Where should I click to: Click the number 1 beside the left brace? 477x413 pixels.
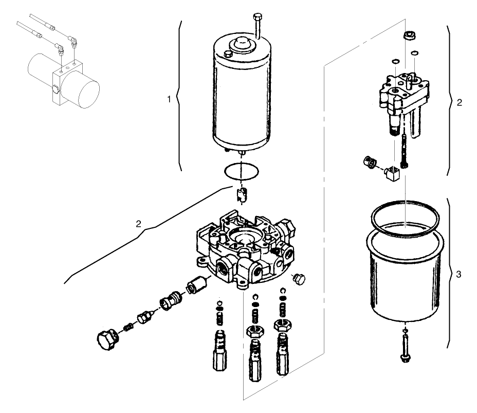(x=169, y=99)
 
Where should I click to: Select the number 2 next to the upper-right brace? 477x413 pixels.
(x=459, y=102)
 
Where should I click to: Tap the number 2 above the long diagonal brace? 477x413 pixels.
(x=138, y=224)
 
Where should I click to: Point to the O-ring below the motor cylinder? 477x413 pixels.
(x=241, y=171)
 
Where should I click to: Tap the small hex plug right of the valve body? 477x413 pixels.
(x=298, y=279)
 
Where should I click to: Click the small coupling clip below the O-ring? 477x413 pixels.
(x=241, y=195)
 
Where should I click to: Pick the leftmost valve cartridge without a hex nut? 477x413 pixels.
(x=219, y=351)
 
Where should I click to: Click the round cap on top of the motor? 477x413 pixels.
(x=241, y=45)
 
